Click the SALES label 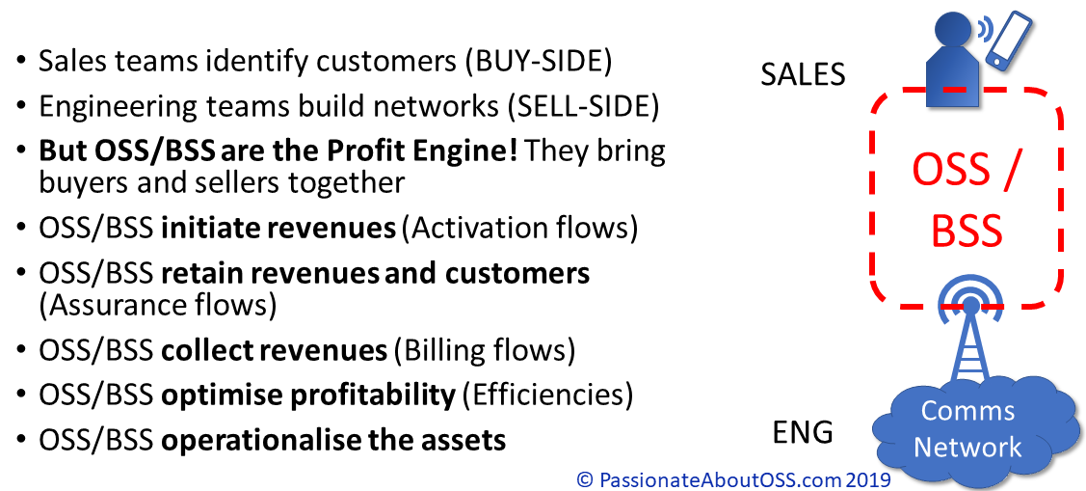pos(803,74)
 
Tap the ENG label pos(803,433)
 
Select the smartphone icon pos(1008,41)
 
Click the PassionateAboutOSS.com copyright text pos(733,478)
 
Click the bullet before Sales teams pos(21,63)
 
